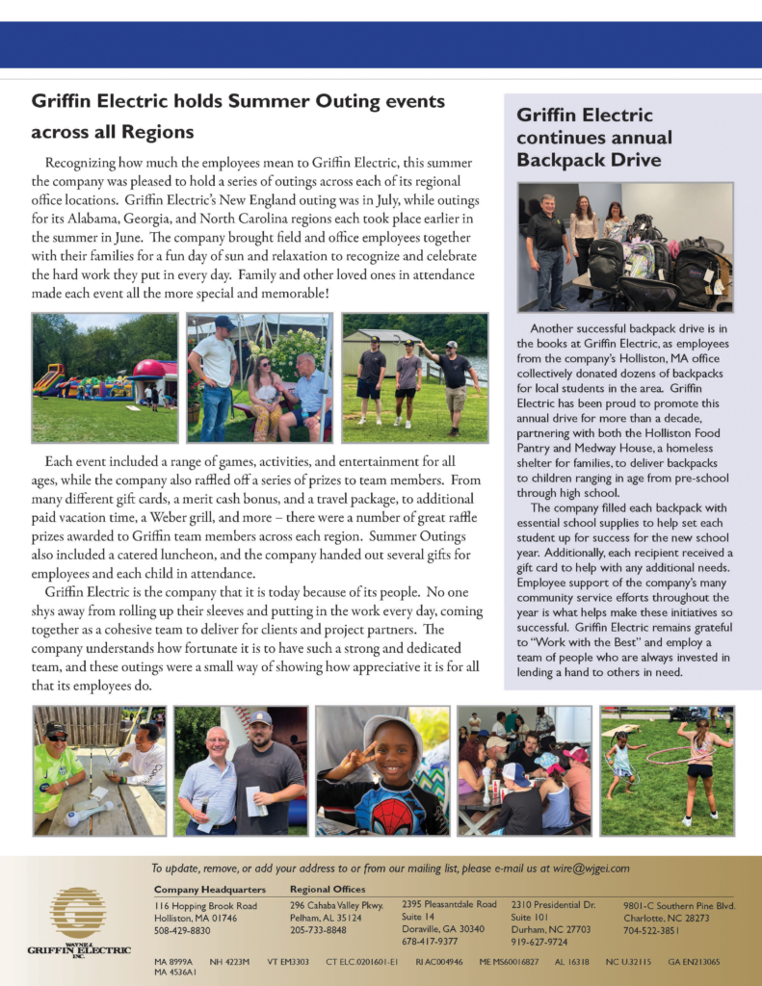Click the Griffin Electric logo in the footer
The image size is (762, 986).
coord(78,924)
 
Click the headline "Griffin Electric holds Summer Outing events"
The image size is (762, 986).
coord(238,101)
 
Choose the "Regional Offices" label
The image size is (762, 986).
coord(328,889)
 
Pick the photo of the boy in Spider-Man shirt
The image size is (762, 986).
coord(382,770)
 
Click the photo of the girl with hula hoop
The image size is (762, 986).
coord(666,770)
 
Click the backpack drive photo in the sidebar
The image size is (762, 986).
coord(625,247)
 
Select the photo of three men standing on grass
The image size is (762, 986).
coord(414,377)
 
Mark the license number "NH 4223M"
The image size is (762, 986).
coord(229,962)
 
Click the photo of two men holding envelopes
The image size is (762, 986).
coord(241,770)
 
